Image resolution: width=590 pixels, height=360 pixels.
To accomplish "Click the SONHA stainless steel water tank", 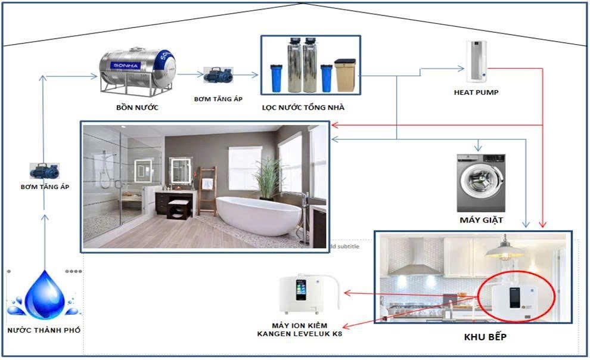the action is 137,71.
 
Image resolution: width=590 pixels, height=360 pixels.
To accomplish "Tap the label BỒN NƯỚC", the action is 137,107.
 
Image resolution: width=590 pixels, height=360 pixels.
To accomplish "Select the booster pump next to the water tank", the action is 218,75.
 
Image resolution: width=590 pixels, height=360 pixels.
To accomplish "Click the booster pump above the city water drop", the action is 45,171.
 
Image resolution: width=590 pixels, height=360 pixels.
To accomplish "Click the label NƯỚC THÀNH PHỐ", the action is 44,330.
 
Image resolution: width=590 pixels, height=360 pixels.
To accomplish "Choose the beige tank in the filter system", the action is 345,75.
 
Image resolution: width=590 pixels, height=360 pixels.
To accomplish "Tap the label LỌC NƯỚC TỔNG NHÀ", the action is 303,107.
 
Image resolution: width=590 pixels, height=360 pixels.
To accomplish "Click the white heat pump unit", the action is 476,61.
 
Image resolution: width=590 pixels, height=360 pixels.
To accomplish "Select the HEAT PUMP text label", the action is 476,92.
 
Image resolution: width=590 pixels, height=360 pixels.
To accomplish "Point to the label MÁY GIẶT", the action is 482,220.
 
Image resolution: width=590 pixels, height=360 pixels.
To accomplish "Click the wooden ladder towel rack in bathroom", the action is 207,190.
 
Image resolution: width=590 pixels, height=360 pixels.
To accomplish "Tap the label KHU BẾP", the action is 485,337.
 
